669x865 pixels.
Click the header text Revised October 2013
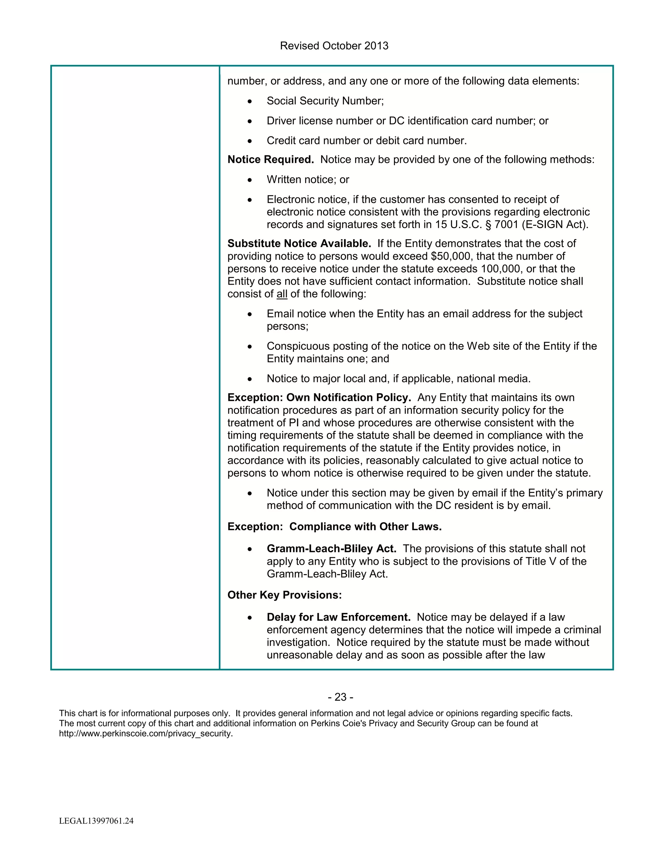334,46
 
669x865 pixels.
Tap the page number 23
340,697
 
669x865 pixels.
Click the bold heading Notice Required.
270,160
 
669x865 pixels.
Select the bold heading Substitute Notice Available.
299,244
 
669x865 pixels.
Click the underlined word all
282,294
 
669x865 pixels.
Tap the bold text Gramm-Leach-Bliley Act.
331,549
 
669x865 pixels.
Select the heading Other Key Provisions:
284,595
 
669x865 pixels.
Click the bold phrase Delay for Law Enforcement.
338,618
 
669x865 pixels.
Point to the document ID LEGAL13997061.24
96,821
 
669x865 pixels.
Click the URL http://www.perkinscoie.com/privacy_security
145,733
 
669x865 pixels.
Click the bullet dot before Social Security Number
249,102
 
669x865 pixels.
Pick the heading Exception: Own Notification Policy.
319,398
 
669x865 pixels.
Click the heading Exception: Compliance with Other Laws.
334,527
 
